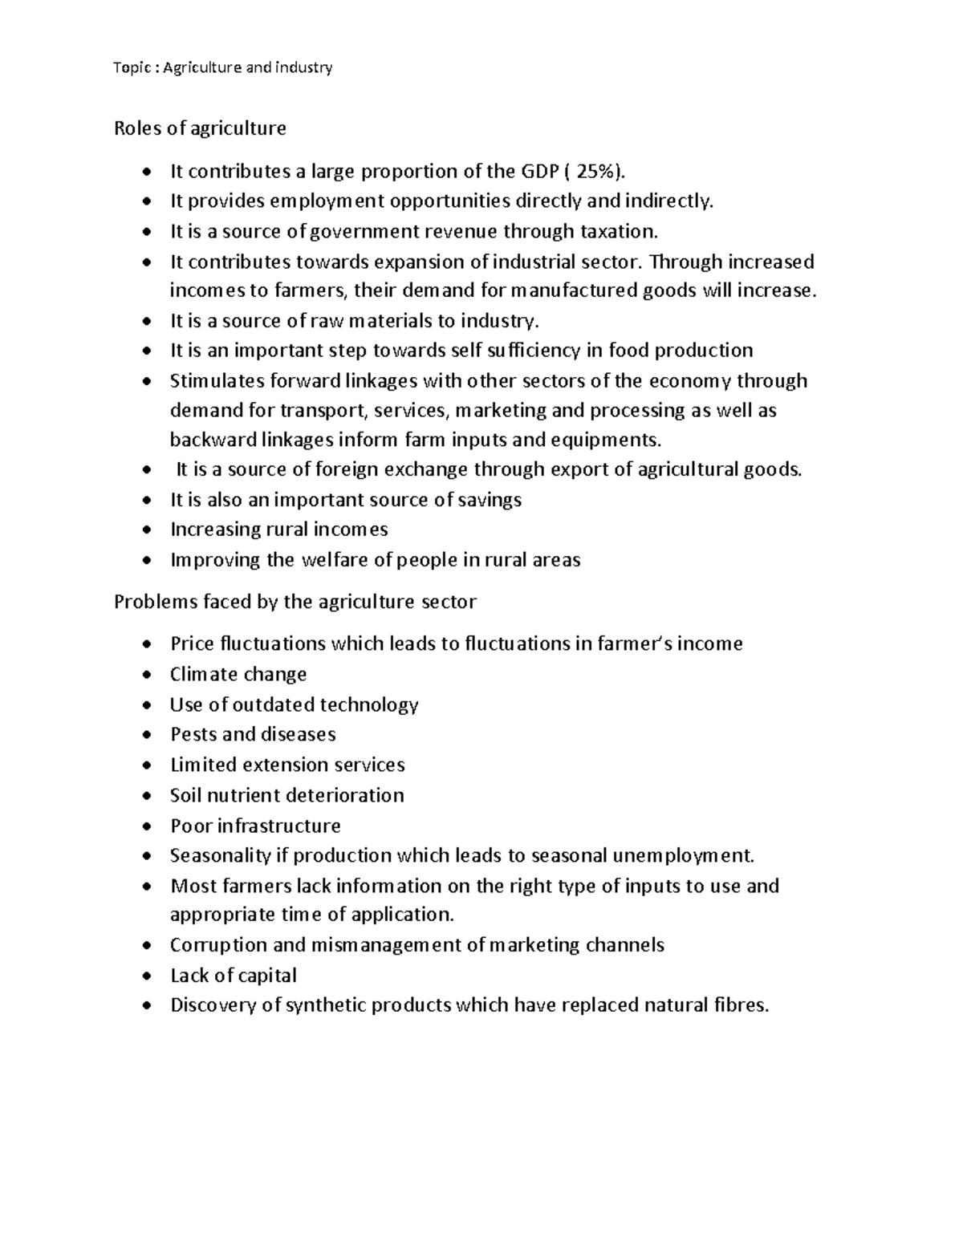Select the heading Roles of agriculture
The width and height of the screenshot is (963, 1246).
coord(200,128)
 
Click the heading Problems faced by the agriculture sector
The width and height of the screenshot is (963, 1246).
coord(295,602)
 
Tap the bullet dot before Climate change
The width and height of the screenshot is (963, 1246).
coord(145,676)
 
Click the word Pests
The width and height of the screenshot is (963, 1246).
coord(193,734)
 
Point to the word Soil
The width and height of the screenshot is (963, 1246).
coord(186,795)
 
